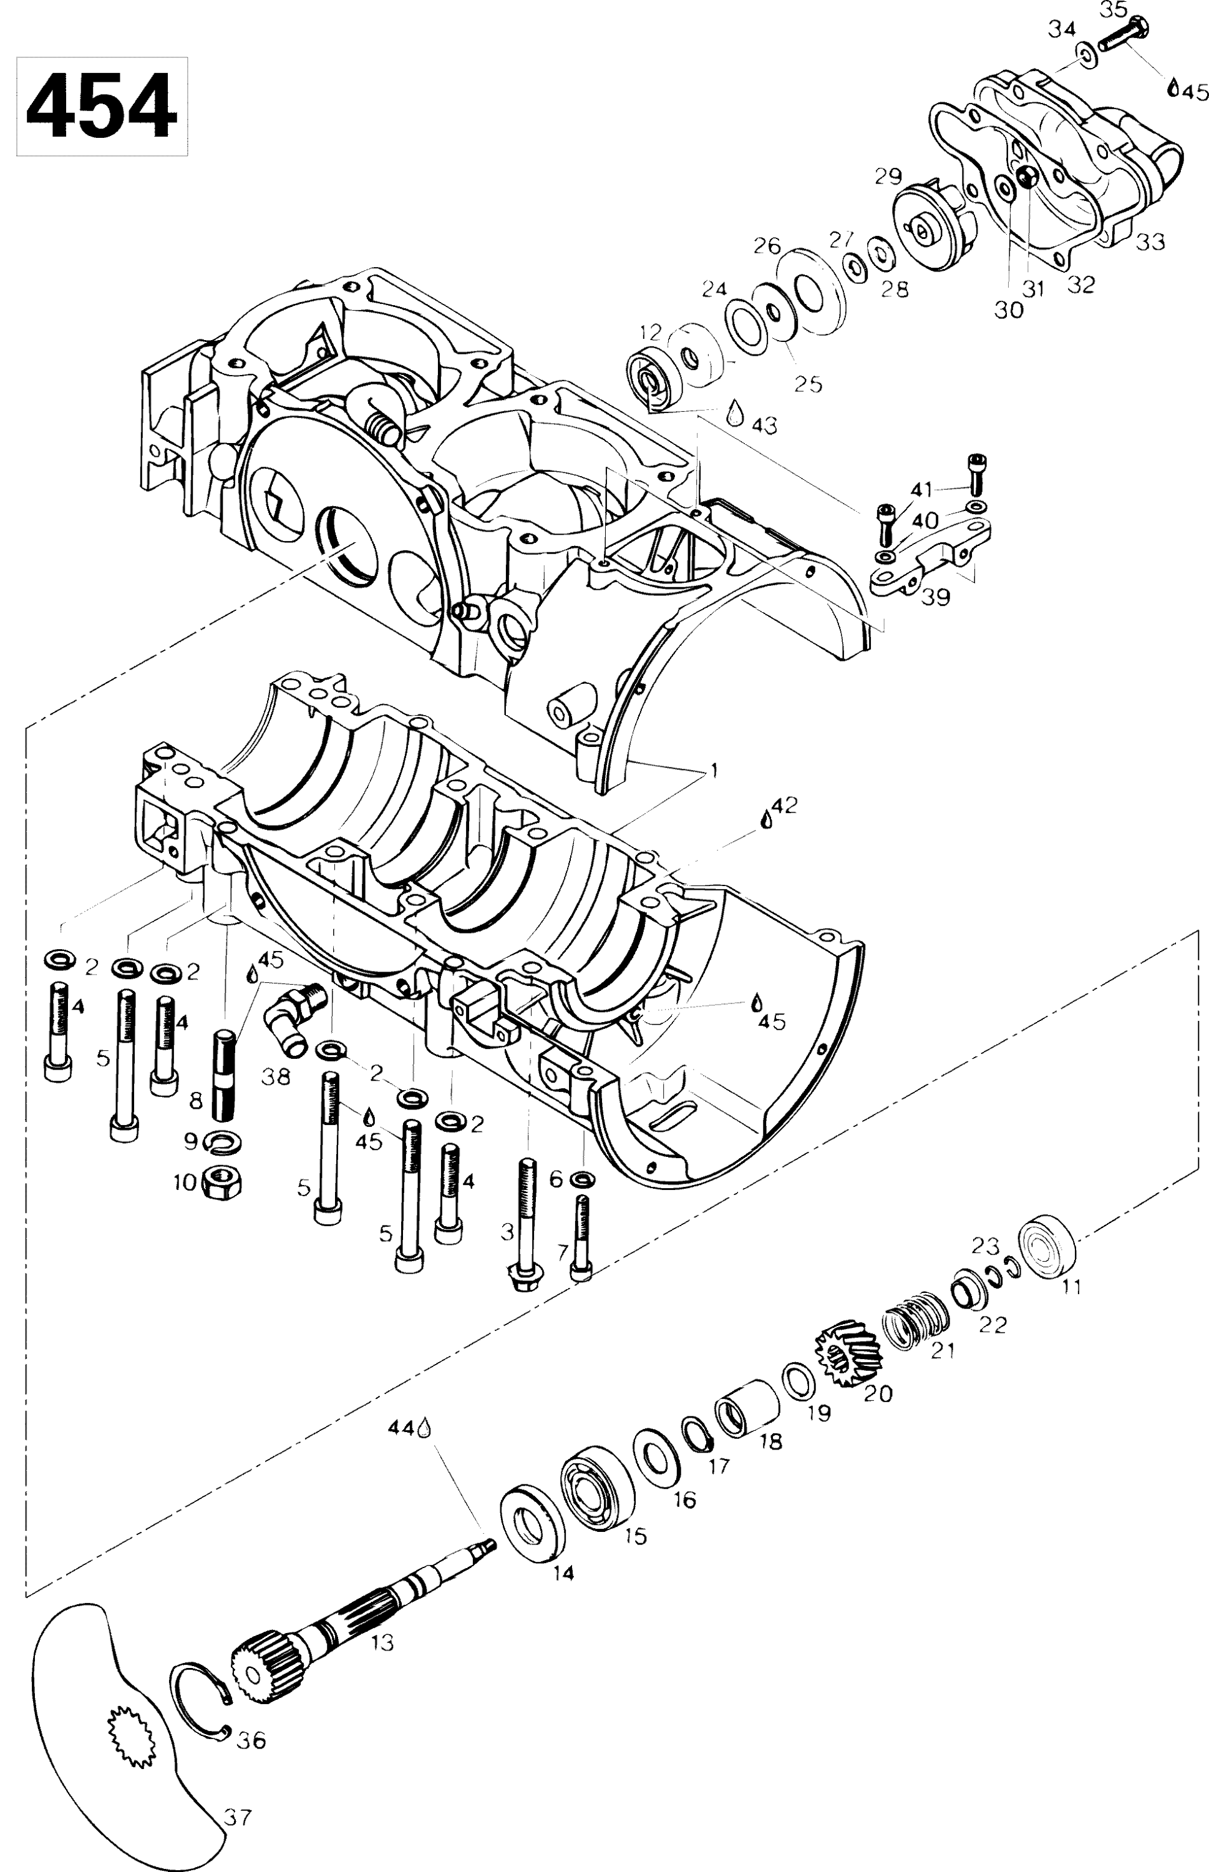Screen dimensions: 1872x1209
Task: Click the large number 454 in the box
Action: pos(102,106)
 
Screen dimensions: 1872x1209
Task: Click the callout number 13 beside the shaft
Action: pos(382,1643)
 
